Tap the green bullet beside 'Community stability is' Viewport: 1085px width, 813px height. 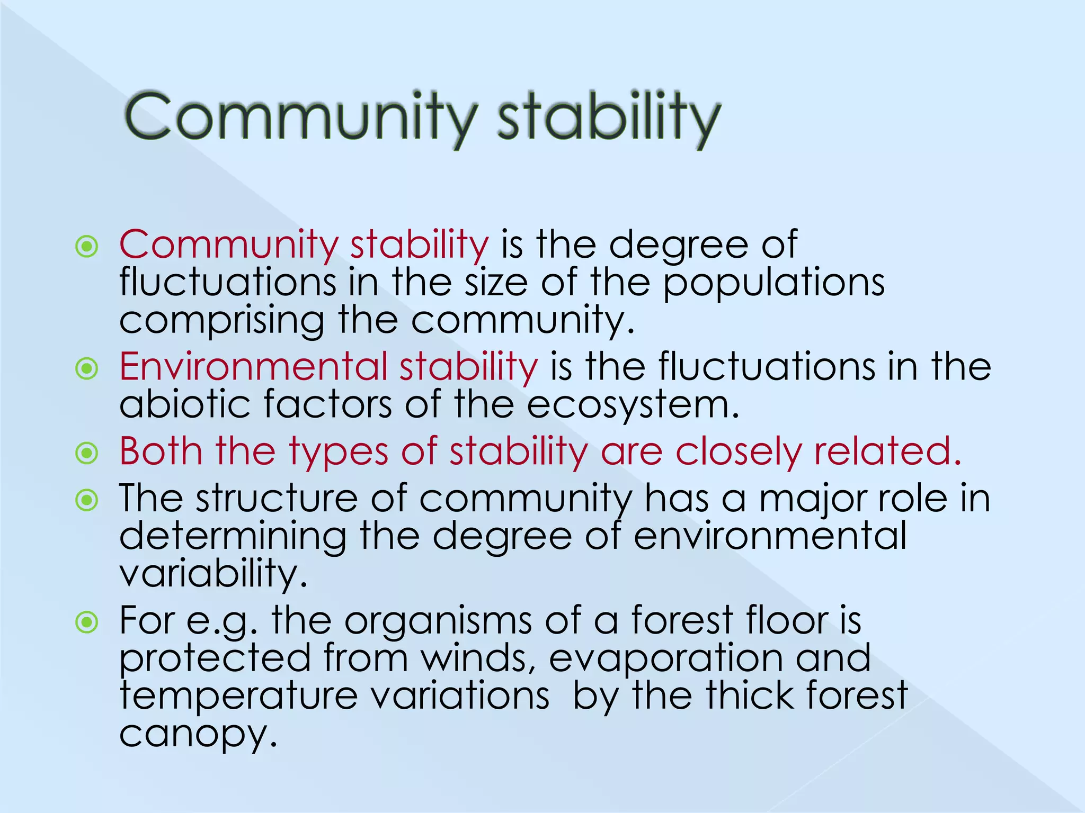pyautogui.click(x=87, y=247)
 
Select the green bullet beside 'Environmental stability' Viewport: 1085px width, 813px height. pyautogui.click(x=87, y=368)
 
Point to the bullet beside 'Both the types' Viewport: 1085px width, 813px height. pyautogui.click(x=87, y=453)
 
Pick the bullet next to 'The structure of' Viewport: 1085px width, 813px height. pyautogui.click(x=87, y=500)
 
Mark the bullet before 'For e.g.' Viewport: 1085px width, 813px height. pyautogui.click(x=87, y=622)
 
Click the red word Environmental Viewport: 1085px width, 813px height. pyautogui.click(x=253, y=366)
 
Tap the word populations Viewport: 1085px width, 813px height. pyautogui.click(x=773, y=283)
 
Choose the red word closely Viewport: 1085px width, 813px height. pyautogui.click(x=738, y=452)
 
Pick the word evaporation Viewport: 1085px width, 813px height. pyautogui.click(x=665, y=659)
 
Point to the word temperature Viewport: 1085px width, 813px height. pyautogui.click(x=239, y=697)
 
